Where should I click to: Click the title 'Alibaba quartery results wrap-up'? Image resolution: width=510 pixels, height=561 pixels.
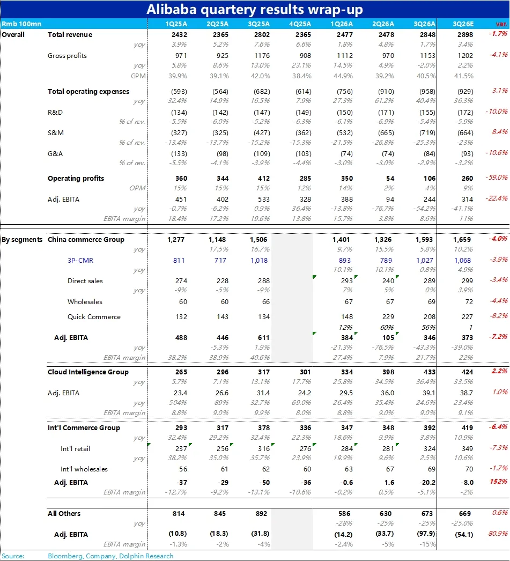pos(255,9)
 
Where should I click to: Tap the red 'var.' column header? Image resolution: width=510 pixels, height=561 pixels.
pos(501,24)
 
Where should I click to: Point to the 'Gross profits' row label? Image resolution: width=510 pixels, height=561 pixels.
pos(67,55)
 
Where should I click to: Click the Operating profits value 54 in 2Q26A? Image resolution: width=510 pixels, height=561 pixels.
pos(390,178)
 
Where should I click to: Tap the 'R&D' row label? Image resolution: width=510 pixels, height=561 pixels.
pos(55,112)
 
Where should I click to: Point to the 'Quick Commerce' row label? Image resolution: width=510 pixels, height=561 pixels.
pos(94,316)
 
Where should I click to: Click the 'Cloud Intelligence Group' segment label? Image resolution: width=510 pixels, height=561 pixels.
pos(88,372)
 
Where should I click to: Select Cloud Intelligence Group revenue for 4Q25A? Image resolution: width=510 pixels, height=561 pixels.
pos(303,372)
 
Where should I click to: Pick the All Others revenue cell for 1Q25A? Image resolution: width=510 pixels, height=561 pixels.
pos(179,513)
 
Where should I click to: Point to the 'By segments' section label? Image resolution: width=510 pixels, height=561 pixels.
pos(22,239)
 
